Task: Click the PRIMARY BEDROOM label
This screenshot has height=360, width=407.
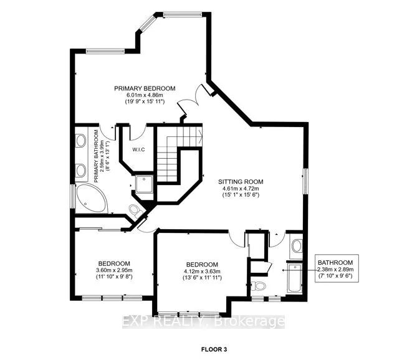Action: click(145, 88)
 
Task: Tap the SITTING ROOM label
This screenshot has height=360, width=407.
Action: click(240, 182)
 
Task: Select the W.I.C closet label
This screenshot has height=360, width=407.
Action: click(138, 149)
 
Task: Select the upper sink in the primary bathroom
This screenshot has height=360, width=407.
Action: click(80, 141)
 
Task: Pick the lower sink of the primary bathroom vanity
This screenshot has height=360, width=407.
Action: click(80, 169)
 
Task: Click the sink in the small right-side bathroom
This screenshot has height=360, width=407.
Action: click(296, 245)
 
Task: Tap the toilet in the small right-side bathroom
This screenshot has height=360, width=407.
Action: click(261, 287)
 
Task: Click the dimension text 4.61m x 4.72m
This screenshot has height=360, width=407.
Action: click(240, 189)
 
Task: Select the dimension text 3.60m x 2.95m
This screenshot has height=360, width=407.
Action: click(114, 269)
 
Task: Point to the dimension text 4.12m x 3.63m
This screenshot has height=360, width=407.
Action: click(201, 271)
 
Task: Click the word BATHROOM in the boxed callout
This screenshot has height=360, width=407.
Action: click(335, 263)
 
